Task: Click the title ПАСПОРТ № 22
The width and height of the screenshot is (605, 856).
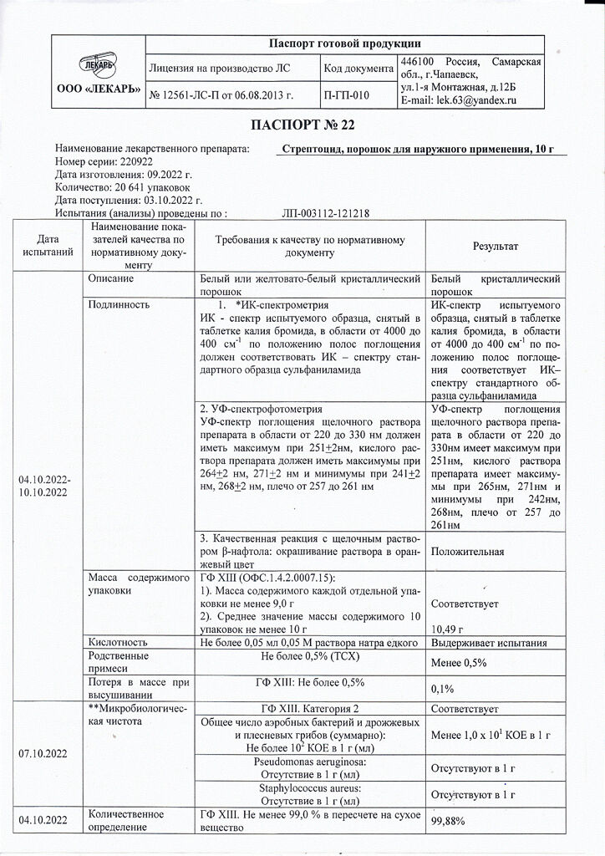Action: click(302, 126)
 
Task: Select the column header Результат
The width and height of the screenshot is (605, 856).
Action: click(496, 247)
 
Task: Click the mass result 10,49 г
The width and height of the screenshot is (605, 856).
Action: click(448, 629)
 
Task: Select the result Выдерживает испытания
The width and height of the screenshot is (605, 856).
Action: click(488, 642)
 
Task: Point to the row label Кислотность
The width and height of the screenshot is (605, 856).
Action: click(118, 642)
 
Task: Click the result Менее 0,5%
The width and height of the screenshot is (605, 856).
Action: click(458, 662)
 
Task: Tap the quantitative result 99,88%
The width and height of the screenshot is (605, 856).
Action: click(447, 823)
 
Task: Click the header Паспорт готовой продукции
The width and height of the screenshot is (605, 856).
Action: click(344, 43)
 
